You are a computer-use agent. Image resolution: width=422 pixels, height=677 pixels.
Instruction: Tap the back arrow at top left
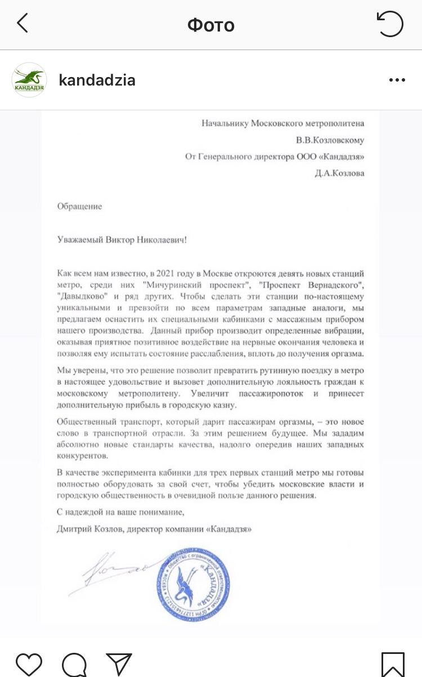(x=23, y=24)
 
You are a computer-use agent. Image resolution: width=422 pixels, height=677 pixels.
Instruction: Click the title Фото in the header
(x=211, y=25)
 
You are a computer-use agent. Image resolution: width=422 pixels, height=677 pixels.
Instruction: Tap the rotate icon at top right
(x=390, y=24)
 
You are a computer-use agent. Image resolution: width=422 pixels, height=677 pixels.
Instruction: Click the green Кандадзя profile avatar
(x=29, y=80)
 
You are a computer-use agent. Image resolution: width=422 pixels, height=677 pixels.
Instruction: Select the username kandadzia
(x=97, y=80)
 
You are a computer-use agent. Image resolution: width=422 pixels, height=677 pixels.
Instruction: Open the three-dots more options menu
(x=397, y=80)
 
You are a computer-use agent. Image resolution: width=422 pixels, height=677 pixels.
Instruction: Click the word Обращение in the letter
(x=80, y=207)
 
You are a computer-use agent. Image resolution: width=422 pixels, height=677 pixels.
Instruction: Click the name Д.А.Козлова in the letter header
(x=340, y=173)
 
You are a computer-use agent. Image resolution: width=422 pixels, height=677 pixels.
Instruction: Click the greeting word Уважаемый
(x=80, y=240)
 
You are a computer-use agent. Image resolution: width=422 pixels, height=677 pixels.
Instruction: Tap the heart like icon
(x=29, y=665)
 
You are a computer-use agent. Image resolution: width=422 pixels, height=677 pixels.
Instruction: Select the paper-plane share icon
(x=119, y=665)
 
